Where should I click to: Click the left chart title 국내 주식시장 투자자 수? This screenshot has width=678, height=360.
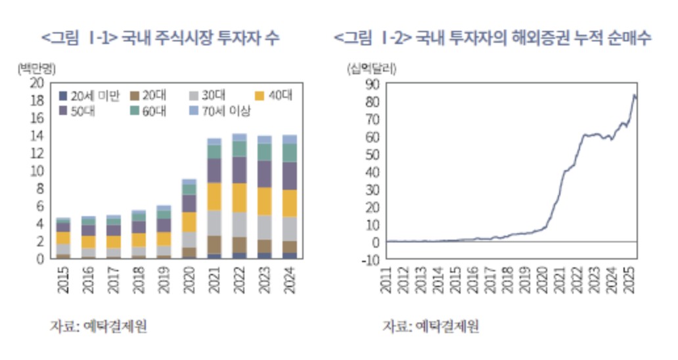coord(161,39)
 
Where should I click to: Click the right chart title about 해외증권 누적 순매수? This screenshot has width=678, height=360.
coord(492,39)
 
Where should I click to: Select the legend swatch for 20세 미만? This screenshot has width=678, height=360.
coord(63,96)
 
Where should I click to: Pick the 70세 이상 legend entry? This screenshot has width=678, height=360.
coord(221,112)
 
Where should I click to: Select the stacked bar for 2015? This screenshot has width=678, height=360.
coord(64,238)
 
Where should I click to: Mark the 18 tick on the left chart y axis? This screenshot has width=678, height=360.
coord(37,101)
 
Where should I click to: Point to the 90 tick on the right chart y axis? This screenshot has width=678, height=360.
coord(374,84)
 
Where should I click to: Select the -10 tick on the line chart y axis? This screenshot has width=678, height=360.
coord(372,259)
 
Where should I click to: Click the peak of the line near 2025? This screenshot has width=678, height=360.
coord(635,95)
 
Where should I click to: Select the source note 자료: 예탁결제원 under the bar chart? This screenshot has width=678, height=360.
coord(99,326)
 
